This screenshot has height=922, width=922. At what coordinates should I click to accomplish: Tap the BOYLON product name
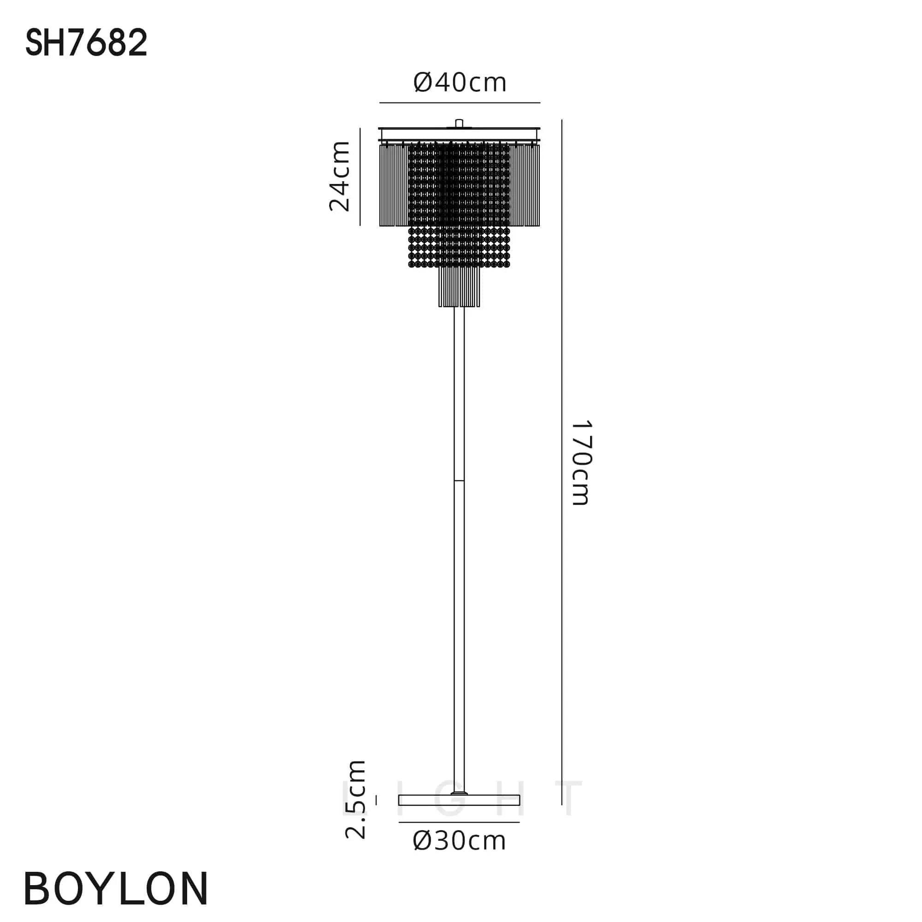coord(116,888)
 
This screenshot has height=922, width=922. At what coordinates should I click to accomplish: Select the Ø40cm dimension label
coord(460,83)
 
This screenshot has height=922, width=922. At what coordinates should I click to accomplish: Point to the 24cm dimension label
coord(340,176)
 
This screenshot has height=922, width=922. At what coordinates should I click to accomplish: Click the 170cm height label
coord(581,462)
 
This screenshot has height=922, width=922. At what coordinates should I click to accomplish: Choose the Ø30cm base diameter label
coord(460,840)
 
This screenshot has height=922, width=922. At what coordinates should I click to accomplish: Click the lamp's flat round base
coord(459,800)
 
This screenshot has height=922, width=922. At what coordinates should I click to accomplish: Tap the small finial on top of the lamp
coord(459,123)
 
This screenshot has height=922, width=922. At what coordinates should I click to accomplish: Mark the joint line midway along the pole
coord(459,480)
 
